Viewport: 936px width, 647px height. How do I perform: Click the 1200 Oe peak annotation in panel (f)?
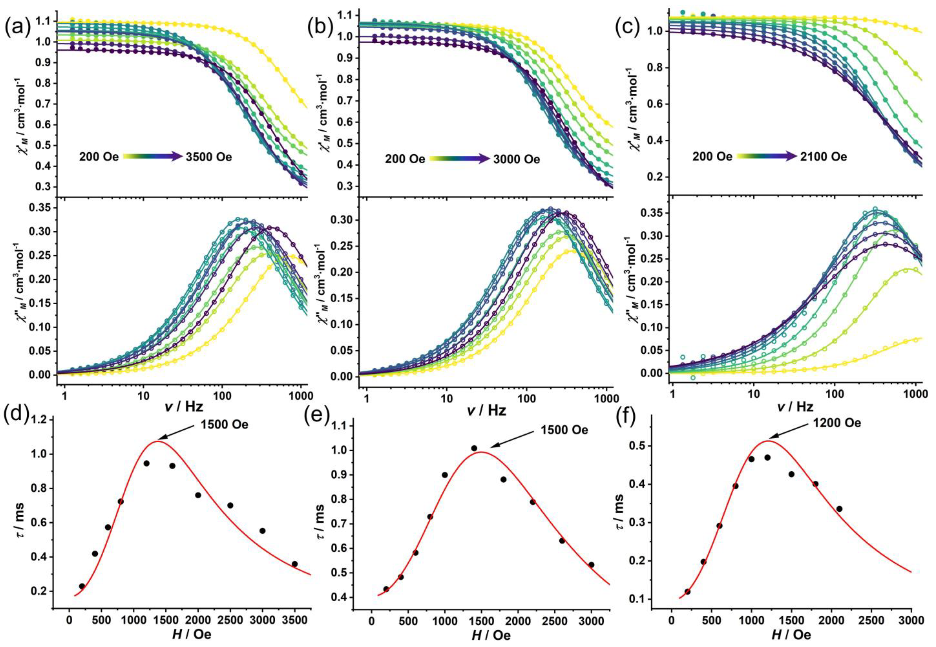834,423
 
